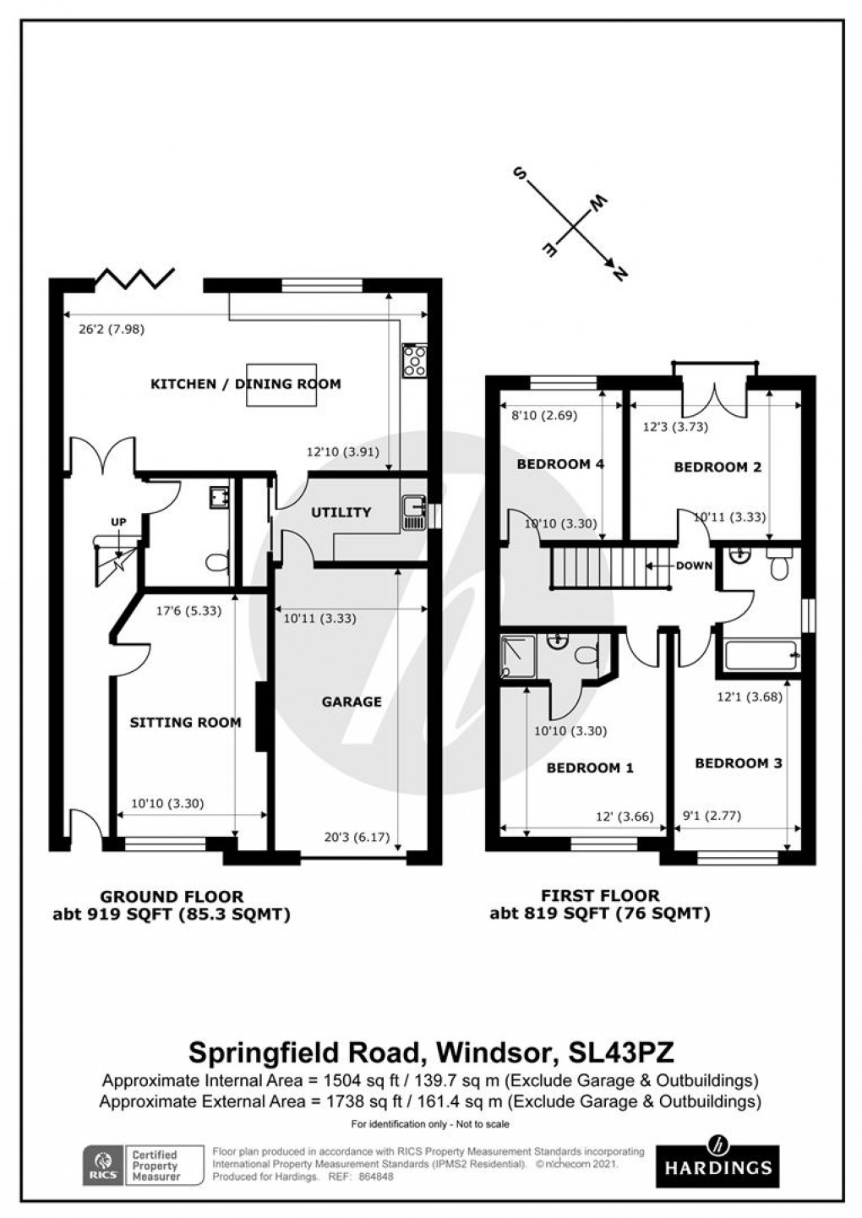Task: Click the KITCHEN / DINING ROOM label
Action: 245,384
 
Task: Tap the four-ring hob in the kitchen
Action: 415,361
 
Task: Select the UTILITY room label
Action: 341,512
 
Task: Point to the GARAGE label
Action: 352,702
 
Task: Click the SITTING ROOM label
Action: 185,722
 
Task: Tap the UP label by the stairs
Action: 117,522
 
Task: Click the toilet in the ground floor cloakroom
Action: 217,563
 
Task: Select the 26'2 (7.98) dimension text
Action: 112,330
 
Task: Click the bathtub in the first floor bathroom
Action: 760,656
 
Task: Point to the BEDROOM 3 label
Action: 738,763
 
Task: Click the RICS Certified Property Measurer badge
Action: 143,1165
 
